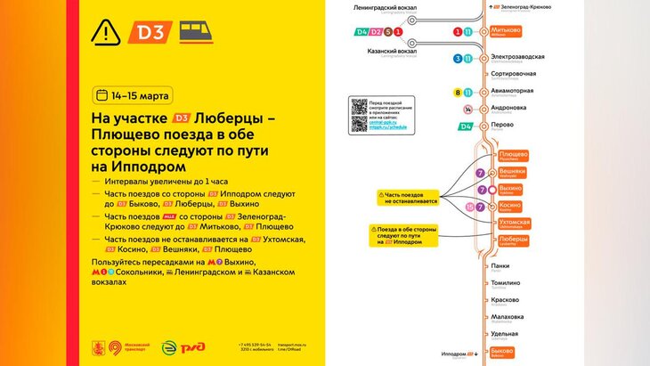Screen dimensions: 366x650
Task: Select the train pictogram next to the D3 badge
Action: coord(196,33)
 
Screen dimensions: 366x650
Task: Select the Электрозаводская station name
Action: coord(519,58)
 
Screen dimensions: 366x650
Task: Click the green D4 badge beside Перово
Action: coord(465,126)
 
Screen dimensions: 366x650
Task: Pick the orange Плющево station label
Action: coord(513,155)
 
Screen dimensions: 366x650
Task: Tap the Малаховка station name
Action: coord(508,316)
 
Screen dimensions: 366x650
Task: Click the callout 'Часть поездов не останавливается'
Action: coord(410,196)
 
